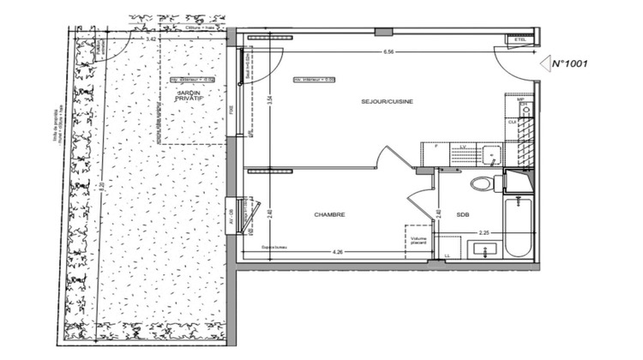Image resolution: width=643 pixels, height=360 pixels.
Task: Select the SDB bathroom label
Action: (x=462, y=215)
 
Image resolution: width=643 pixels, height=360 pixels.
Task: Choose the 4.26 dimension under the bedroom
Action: (x=339, y=251)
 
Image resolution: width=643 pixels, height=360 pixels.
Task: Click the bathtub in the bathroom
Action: (x=517, y=227)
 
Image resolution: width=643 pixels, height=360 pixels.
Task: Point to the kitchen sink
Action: (x=490, y=154)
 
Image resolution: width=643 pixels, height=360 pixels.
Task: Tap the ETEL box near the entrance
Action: (x=520, y=40)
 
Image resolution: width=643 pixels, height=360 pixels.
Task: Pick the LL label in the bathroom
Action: (x=448, y=255)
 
